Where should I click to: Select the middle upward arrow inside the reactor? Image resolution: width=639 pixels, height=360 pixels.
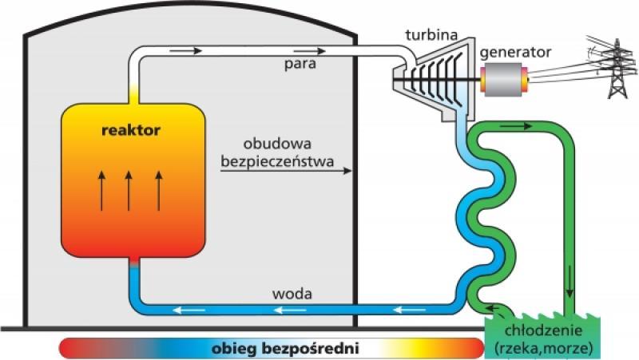pyautogui.click(x=129, y=190)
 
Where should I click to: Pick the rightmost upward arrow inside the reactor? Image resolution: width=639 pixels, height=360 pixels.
pyautogui.click(x=158, y=190)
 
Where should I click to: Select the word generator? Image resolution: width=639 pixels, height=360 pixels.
pyautogui.click(x=516, y=52)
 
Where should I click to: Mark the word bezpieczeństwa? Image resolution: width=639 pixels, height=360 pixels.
pyautogui.click(x=273, y=158)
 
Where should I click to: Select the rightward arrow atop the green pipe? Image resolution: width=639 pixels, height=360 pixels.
pyautogui.click(x=518, y=126)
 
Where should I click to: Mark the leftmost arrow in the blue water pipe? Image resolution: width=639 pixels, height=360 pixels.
pyautogui.click(x=191, y=309)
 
